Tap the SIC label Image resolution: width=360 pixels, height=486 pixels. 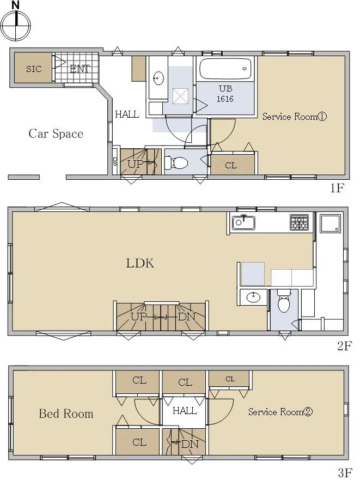click(34, 69)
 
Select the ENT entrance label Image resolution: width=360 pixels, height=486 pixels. click(80, 69)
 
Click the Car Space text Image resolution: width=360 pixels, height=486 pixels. click(56, 133)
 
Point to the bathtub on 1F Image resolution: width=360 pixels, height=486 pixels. click(225, 69)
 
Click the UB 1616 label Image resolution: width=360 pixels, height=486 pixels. click(225, 94)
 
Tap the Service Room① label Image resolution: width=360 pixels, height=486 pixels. click(294, 117)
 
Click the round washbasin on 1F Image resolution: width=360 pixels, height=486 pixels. click(158, 78)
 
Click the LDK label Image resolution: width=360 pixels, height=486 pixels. click(140, 263)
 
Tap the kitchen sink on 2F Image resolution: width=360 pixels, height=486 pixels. click(243, 222)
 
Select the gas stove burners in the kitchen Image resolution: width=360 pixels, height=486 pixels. click(299, 222)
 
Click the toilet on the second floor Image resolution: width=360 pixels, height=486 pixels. click(283, 301)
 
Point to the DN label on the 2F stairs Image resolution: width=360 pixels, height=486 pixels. click(187, 317)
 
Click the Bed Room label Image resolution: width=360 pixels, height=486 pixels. click(66, 414)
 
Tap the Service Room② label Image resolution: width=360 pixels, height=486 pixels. click(280, 411)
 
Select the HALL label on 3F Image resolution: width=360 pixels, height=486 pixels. click(185, 411)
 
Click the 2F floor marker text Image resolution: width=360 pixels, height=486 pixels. click(345, 345)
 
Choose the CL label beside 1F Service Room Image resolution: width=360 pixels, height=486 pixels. click(231, 166)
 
